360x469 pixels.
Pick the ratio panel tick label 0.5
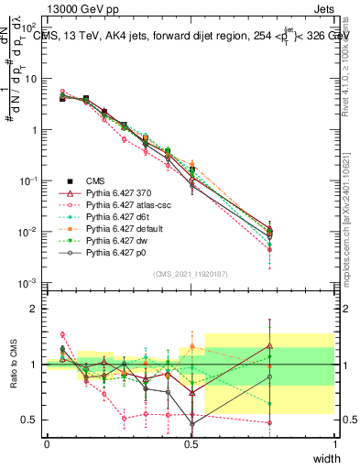click(x=30, y=420)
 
